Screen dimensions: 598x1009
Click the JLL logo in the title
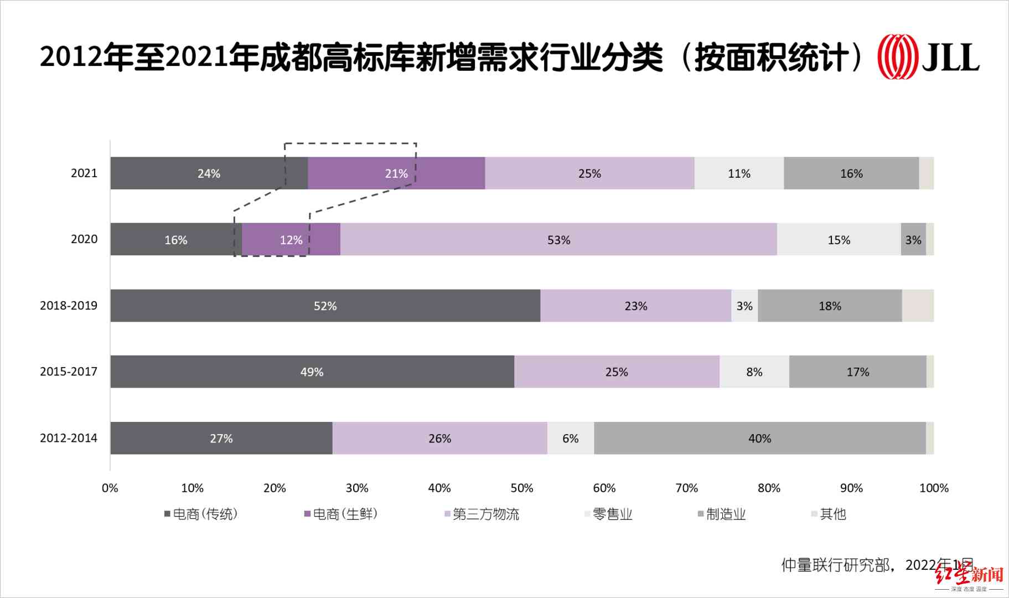928,57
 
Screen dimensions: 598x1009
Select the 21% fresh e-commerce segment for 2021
396,173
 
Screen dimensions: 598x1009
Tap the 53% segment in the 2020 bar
558,240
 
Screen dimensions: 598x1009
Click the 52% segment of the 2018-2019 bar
325,306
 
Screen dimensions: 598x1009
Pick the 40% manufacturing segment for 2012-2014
759,438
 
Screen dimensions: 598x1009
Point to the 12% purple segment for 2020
291,240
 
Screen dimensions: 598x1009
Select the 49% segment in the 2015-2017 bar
312,372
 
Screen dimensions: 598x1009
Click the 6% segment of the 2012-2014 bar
570,438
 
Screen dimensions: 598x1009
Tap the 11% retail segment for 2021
739,173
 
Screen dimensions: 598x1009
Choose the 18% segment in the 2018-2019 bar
830,306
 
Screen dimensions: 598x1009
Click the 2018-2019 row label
69,306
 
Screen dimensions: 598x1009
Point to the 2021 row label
84,173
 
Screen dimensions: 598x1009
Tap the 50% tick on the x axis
521,488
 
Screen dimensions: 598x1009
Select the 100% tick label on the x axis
934,488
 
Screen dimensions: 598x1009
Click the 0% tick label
110,488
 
